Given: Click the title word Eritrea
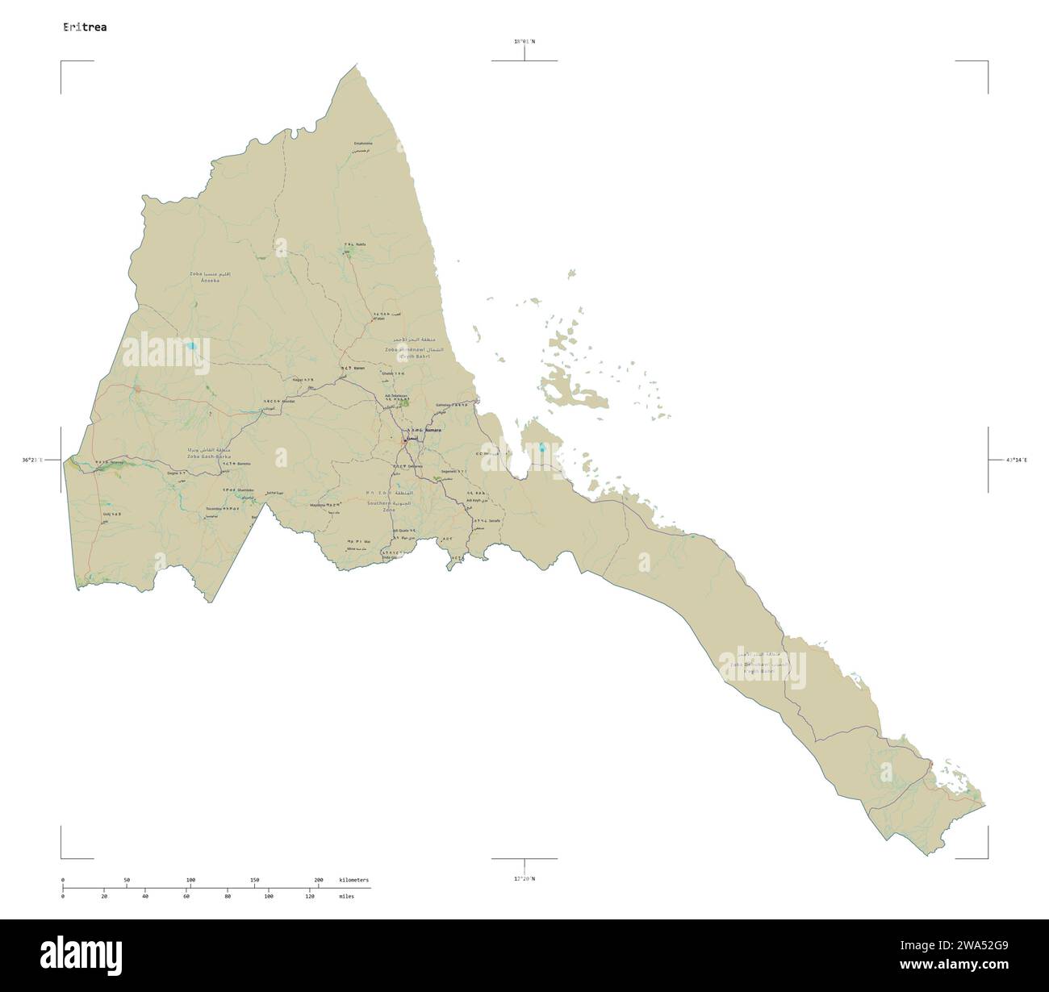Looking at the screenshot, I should point(85,27).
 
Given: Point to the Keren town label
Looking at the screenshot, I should point(359,368).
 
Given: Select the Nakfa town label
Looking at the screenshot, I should point(360,244).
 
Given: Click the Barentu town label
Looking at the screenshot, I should point(244,464).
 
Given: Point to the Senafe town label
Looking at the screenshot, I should point(494,521).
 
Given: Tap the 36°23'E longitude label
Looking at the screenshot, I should point(37,460).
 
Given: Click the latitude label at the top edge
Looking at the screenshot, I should point(524,41).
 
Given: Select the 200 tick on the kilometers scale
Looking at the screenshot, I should point(319,879).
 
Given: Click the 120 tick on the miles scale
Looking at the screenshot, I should point(310,896).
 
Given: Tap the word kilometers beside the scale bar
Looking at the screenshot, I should point(354,879).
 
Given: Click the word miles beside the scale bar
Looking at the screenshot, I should point(348,896).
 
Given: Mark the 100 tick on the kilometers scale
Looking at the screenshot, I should point(190,879).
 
